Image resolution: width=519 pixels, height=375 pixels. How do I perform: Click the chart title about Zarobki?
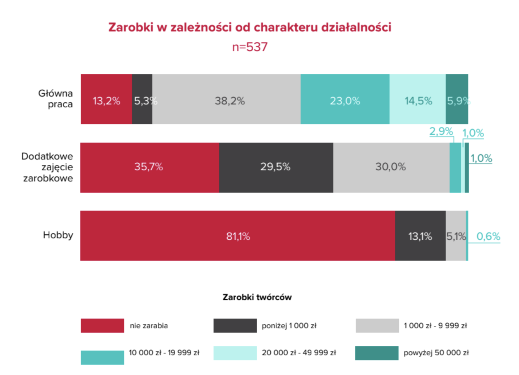[250, 27]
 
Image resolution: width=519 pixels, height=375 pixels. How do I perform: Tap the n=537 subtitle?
[250, 47]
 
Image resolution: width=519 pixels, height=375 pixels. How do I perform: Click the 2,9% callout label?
[441, 131]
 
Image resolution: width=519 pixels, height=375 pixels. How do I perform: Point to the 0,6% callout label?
[488, 236]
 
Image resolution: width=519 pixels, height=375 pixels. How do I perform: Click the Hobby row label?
[58, 235]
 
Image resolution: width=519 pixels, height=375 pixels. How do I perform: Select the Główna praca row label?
[56, 99]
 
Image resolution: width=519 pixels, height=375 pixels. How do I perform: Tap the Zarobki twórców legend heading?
[257, 297]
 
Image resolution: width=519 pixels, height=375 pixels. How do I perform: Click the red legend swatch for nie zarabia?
[102, 325]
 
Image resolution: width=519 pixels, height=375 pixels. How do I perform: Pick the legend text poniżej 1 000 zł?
[289, 326]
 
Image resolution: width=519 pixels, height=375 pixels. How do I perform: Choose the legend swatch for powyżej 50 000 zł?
[377, 353]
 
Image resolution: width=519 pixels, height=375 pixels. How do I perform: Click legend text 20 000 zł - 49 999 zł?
[299, 353]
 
